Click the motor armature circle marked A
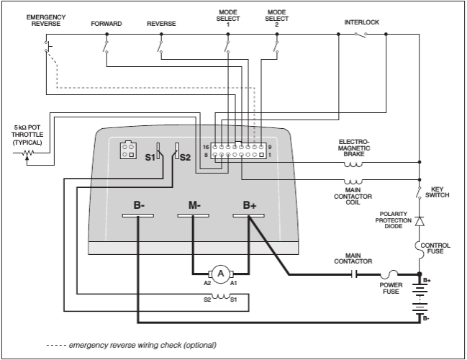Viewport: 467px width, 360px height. coord(221,274)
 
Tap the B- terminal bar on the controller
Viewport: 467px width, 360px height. coord(138,215)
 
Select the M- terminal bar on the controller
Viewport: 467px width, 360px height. coord(194,215)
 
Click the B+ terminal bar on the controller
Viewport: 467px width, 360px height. coord(249,215)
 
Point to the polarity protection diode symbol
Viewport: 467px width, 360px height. coord(420,221)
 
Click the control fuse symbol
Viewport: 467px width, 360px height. coord(418,250)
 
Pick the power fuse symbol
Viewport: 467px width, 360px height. coord(389,274)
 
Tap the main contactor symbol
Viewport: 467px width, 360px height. coord(354,274)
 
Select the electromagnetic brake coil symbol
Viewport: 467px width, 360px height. coord(353,164)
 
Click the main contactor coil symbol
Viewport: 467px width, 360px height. coord(353,181)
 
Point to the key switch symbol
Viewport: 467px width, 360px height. coord(419,193)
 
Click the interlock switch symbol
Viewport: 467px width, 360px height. coord(361,35)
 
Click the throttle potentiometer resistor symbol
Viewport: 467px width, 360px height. coord(27,153)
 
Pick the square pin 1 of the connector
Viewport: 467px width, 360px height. coord(261,155)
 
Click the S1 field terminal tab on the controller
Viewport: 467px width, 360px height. coord(158,150)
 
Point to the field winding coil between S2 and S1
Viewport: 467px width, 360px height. coord(220,296)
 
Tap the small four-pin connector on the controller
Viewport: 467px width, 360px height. coord(128,150)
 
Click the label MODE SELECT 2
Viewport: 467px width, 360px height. coord(277,18)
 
